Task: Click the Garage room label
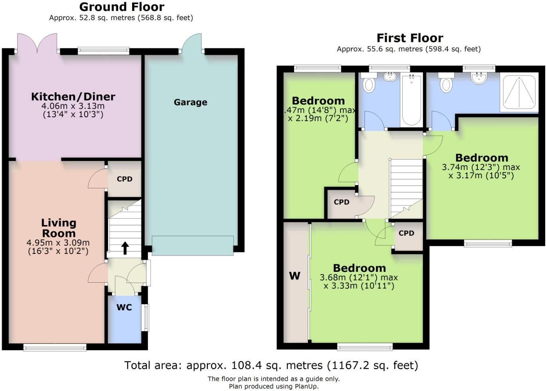pos(190,102)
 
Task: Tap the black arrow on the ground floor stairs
pos(125,248)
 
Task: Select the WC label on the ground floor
pos(124,307)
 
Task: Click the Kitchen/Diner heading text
pos(73,97)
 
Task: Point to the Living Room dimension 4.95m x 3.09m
pos(58,243)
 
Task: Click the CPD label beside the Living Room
pos(125,179)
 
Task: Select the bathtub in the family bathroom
pos(411,100)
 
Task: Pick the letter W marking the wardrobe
pos(295,276)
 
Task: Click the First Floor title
pos(410,38)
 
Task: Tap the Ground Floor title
pos(121,7)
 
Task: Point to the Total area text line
pos(271,365)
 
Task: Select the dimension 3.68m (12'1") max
pos(359,277)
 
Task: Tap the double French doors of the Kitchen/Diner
pos(37,43)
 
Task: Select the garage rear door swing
pos(192,44)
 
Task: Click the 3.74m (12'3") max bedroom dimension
pos(481,167)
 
